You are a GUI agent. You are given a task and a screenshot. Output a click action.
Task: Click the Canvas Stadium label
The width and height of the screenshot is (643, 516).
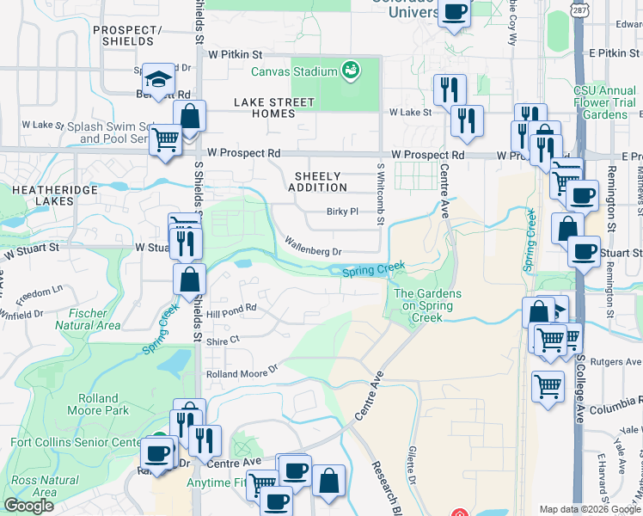point(292,71)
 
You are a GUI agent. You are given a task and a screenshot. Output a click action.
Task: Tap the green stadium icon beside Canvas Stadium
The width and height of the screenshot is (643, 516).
point(350,70)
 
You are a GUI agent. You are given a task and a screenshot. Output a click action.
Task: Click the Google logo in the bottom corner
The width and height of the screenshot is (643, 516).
point(28,506)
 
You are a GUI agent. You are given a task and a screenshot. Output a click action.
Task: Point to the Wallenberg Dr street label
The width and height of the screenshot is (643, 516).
point(314,251)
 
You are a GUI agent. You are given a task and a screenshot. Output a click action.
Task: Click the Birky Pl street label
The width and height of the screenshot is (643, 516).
point(341,212)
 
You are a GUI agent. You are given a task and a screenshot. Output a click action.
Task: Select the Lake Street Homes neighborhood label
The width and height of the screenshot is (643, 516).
point(274,108)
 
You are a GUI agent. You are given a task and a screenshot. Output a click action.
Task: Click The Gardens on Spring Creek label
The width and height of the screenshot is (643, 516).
point(427,305)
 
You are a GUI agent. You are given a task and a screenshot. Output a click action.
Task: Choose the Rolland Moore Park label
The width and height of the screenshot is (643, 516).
point(98,404)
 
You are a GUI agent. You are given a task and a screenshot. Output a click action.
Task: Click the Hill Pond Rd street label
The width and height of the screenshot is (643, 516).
point(231,308)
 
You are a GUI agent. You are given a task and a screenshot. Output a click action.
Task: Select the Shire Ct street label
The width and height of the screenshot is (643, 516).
point(222,341)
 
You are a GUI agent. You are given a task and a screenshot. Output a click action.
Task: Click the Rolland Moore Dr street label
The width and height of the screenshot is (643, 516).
point(242,373)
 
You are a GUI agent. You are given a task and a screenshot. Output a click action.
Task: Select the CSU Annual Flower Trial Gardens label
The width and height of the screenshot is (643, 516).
point(605,102)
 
